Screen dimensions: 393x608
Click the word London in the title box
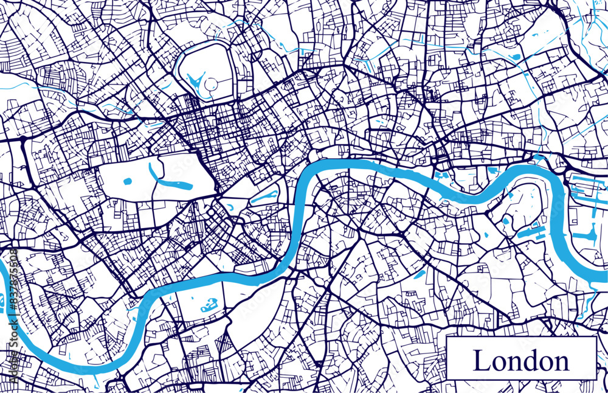pyautogui.click(x=521, y=361)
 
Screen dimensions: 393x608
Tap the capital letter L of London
pyautogui.click(x=481, y=361)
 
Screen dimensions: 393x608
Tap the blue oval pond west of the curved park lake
pyautogui.click(x=128, y=181)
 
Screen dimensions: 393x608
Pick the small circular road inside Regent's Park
pyautogui.click(x=210, y=85)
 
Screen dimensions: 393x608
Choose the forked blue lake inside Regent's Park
pyautogui.click(x=196, y=82)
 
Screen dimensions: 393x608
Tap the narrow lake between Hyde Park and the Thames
pyautogui.click(x=265, y=196)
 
